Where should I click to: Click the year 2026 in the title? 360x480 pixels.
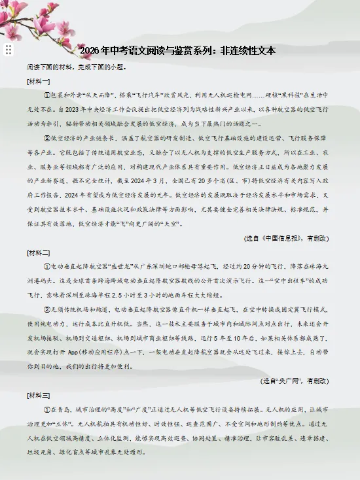coord(90,50)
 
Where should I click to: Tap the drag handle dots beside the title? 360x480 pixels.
coord(9,50)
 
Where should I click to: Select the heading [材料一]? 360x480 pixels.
coord(39,82)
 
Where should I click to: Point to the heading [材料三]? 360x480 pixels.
coord(39,396)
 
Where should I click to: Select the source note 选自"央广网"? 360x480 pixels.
coord(294,381)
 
